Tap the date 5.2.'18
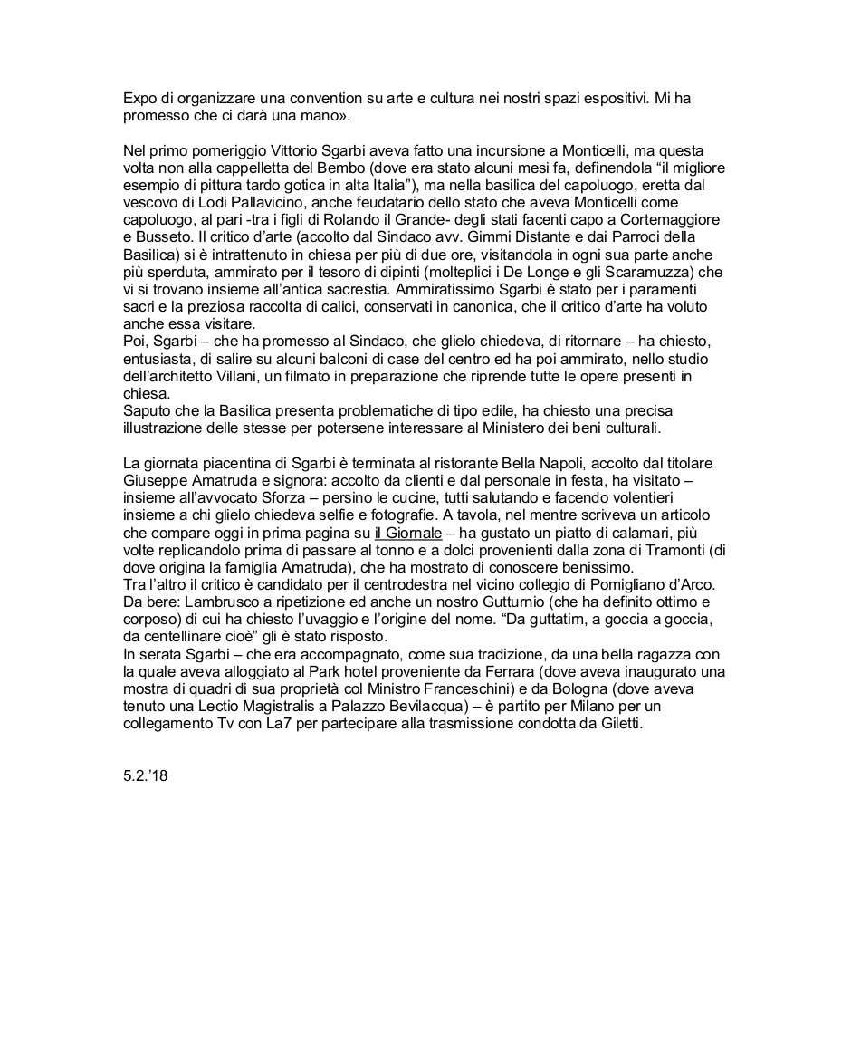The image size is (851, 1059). [x=146, y=776]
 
